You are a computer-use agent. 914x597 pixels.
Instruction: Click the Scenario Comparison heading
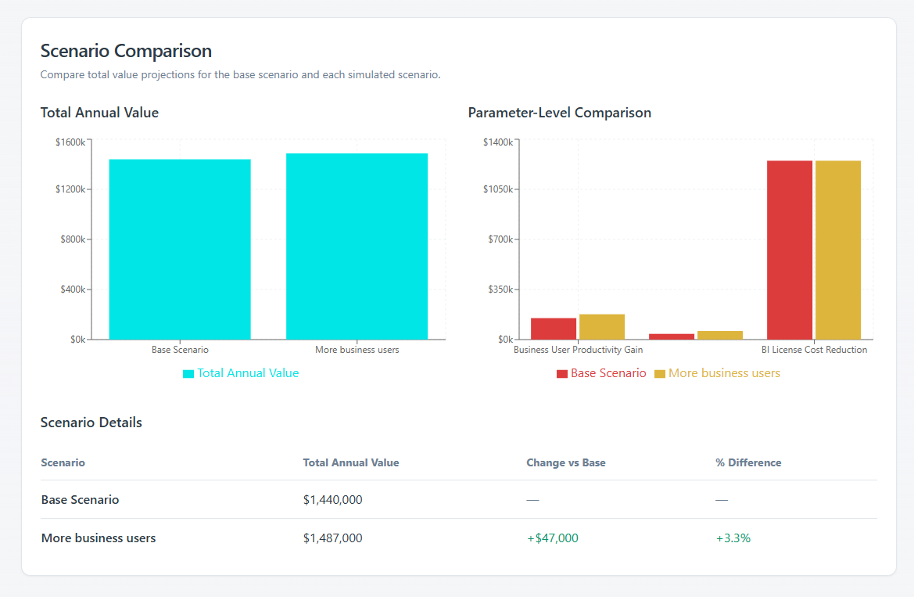(126, 52)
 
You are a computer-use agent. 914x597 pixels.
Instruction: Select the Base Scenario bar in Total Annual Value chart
(180, 250)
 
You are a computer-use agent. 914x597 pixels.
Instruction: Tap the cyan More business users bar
(357, 246)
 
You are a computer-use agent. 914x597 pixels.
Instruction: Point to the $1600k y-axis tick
(70, 142)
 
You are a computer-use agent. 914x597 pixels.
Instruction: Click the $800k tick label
(73, 239)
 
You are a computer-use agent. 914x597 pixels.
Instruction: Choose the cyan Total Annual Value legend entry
(241, 373)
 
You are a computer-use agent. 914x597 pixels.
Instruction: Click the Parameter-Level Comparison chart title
(559, 113)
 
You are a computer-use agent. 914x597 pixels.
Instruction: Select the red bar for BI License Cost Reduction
(790, 250)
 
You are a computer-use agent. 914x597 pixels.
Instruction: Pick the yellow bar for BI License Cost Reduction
(838, 250)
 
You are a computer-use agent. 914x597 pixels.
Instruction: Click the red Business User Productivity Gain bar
(554, 329)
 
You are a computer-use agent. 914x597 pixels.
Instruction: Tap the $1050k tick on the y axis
(498, 189)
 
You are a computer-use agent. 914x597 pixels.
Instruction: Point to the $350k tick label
(500, 290)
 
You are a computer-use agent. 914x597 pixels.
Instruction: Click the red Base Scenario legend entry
(601, 373)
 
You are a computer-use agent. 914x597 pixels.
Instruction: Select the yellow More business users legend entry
(717, 373)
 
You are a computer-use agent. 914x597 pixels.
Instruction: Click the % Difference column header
(748, 462)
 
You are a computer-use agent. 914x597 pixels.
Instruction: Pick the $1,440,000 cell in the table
(332, 499)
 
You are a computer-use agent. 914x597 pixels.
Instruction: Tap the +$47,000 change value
(552, 538)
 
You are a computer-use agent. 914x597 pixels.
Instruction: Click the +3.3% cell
(733, 538)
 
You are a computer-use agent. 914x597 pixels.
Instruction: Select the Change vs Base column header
(565, 462)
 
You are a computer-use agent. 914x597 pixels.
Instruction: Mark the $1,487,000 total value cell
(332, 538)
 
